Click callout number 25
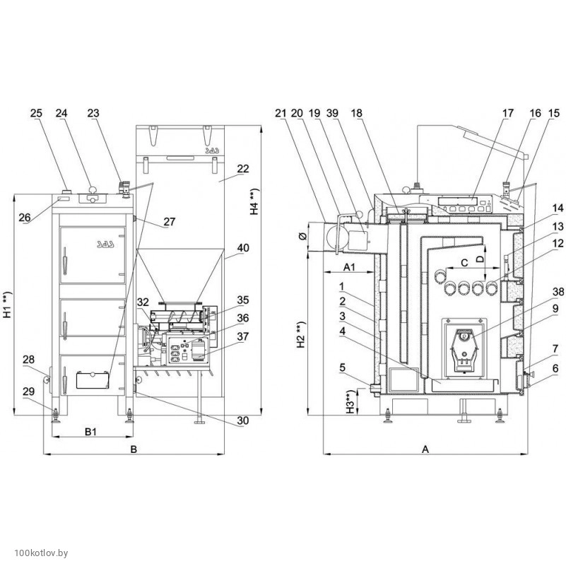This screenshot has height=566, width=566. (x=37, y=113)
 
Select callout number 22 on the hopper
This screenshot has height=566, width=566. (x=244, y=169)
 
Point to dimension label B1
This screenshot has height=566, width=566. (x=90, y=430)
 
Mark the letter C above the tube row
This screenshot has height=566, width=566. (x=463, y=262)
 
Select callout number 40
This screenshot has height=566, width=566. (x=244, y=247)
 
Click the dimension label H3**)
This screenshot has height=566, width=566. (x=348, y=404)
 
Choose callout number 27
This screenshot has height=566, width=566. (x=170, y=221)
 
